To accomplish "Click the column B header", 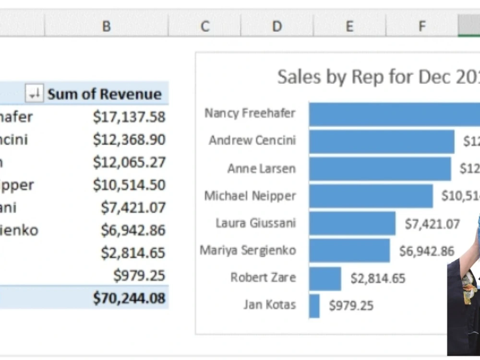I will [106, 26].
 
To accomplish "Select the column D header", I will [277, 26].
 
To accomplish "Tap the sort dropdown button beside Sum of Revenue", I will [34, 94].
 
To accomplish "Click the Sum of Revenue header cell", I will [104, 94].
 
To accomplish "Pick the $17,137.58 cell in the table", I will [129, 117].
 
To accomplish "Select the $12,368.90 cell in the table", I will [129, 140].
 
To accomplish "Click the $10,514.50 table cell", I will [129, 185].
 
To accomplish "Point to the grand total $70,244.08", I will [129, 298].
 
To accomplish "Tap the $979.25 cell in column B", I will [139, 276].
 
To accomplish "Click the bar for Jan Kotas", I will [314, 306].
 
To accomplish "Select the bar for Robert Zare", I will [325, 278].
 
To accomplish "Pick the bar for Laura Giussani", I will [352, 223].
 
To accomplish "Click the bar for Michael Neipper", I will [371, 196].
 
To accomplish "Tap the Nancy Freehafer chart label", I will [250, 113].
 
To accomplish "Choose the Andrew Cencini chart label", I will [252, 141].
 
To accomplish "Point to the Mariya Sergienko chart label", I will [248, 251].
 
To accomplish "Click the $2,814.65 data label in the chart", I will [378, 278].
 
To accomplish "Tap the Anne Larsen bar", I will [380, 168].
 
